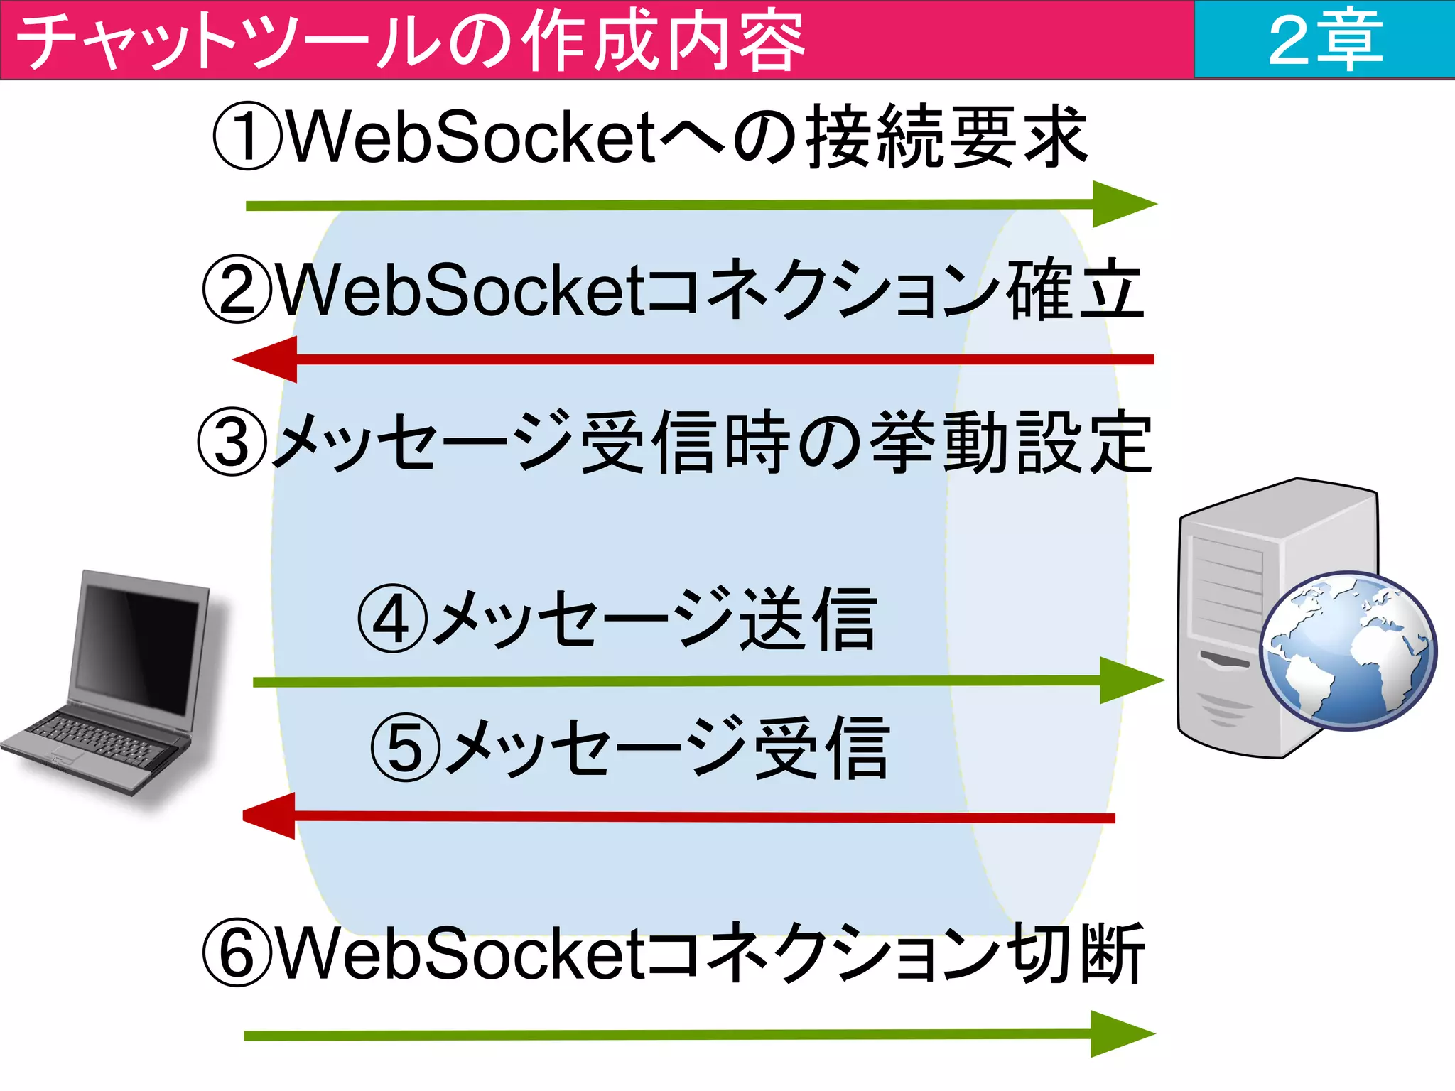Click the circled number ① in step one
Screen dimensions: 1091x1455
[247, 136]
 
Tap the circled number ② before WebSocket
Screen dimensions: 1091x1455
[237, 289]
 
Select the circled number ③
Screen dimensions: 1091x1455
[232, 442]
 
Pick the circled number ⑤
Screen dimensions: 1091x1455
[406, 748]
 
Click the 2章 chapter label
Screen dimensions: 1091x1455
[1324, 40]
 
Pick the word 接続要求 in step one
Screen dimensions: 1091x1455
[946, 136]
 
